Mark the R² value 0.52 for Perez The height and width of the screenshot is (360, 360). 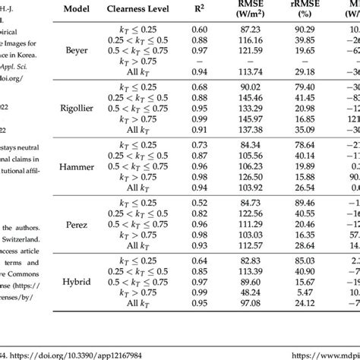[221, 202]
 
